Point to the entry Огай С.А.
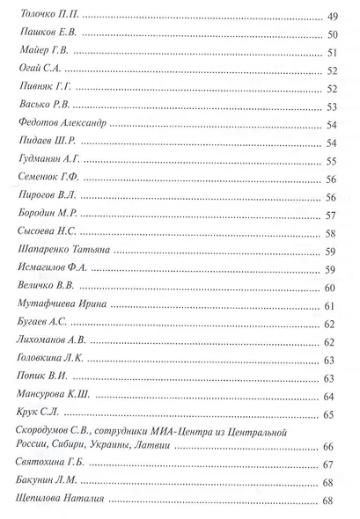[x=37, y=70]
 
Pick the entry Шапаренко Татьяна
[x=64, y=251]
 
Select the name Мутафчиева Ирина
[x=62, y=304]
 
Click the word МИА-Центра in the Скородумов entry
[x=187, y=431]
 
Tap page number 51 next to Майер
[x=331, y=53]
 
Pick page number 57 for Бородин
[x=331, y=215]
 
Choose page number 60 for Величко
[x=331, y=288]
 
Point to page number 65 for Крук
[x=331, y=414]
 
